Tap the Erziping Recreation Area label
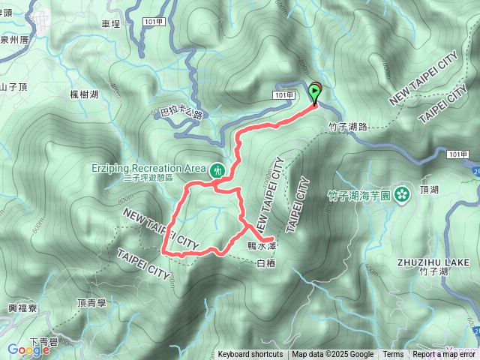158,167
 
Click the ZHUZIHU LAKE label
434,262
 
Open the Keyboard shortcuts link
250,355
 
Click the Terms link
393,355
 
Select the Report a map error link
444,355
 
